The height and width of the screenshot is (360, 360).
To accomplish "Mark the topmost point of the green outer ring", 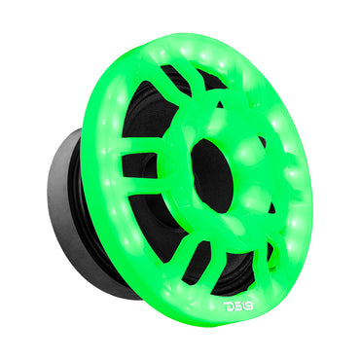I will tap(195, 37).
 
